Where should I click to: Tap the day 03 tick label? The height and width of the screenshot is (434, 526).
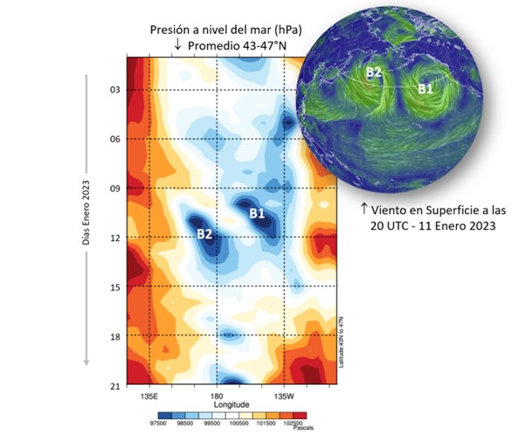point(114,90)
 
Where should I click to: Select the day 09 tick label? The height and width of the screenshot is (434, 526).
point(114,188)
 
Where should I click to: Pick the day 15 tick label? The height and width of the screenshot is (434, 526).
point(114,286)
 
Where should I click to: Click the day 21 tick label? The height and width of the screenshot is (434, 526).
point(114,384)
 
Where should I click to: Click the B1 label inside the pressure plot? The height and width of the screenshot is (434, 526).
point(258,212)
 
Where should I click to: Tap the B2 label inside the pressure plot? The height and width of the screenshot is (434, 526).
point(204,233)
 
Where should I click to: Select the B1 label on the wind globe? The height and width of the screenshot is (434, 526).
point(425,88)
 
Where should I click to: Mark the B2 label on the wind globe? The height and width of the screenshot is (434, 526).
point(373,72)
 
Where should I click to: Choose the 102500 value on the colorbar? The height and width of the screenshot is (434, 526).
point(315,420)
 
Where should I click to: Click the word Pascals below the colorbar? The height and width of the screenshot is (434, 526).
point(319,428)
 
